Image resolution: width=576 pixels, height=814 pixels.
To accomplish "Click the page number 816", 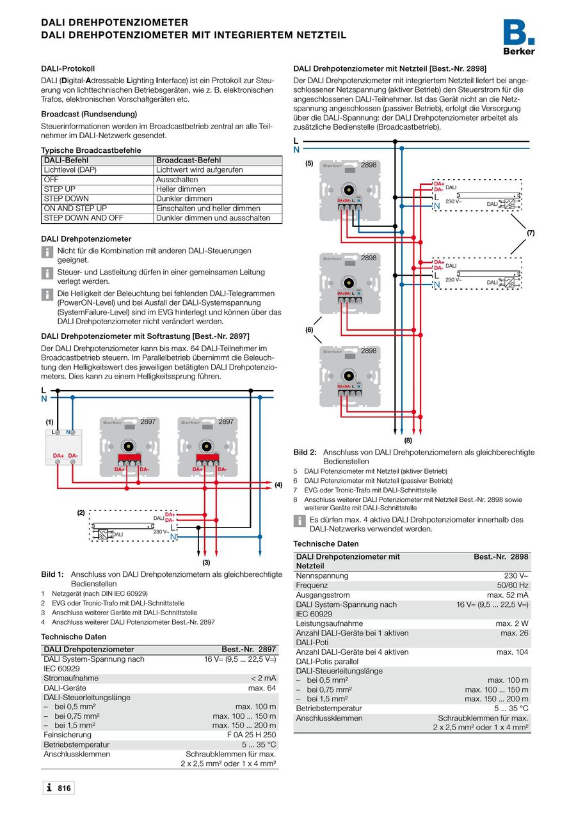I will pyautogui.click(x=64, y=788).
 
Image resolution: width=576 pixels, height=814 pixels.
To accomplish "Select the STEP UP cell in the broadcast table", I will pyautogui.click(x=60, y=189).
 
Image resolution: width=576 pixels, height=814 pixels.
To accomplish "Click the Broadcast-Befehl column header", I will pyautogui.click(x=188, y=160).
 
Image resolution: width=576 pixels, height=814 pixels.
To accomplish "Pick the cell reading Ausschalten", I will pyautogui.click(x=177, y=180).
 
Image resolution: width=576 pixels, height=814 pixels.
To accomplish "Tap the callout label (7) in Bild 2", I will pyautogui.click(x=530, y=233).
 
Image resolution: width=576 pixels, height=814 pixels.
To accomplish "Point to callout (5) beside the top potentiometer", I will pyautogui.click(x=309, y=164).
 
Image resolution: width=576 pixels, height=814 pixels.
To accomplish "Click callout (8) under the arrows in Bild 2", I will pyautogui.click(x=408, y=440).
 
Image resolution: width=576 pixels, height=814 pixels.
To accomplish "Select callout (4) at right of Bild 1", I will pyautogui.click(x=278, y=485).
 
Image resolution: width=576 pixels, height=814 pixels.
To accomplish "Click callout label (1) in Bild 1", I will pyautogui.click(x=49, y=422).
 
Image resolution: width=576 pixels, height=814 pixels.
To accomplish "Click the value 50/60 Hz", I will pyautogui.click(x=513, y=585).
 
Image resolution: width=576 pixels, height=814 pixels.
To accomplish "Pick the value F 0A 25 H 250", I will pyautogui.click(x=252, y=735).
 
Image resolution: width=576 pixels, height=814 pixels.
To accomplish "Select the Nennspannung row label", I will pyautogui.click(x=322, y=575).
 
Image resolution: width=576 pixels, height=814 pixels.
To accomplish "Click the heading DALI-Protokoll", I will pyautogui.click(x=68, y=68).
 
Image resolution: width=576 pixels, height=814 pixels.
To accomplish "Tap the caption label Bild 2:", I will pyautogui.click(x=305, y=452).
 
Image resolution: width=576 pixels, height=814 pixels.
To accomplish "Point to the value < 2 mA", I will pyautogui.click(x=264, y=678).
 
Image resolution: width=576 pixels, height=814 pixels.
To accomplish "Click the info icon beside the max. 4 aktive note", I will pyautogui.click(x=299, y=520).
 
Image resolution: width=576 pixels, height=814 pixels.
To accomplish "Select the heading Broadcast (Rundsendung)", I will pyautogui.click(x=89, y=114).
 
